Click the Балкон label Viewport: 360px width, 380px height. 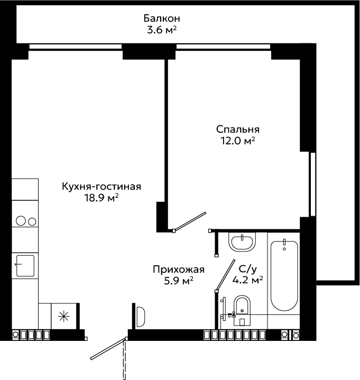162,18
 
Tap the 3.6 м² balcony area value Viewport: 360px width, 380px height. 162,30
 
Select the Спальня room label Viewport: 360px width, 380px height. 238,129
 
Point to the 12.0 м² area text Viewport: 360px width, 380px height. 238,141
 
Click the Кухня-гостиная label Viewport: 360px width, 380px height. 101,187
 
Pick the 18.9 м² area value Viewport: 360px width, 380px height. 101,198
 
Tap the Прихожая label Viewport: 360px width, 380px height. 179,270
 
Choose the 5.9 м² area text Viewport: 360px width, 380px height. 179,281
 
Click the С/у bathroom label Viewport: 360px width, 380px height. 247,269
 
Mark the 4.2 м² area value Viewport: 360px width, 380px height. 247,280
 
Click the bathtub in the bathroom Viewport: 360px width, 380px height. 284,275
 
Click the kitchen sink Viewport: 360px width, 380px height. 25,266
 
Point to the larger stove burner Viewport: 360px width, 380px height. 21,221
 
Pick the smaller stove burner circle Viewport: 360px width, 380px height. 32,221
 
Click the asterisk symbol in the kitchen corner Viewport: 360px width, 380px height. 64,316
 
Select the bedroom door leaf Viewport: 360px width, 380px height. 190,221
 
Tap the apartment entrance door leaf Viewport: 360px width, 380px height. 108,349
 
